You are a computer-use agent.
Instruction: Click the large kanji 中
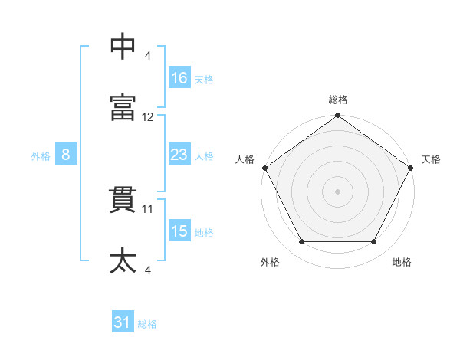(x=123, y=46)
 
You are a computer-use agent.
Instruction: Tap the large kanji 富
(x=123, y=107)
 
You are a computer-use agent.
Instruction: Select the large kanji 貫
(x=123, y=200)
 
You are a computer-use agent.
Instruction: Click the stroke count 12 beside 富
(x=147, y=117)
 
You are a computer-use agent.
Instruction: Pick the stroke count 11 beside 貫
(x=147, y=209)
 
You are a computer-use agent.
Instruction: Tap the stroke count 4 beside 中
(x=147, y=56)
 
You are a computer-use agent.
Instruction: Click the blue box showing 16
(x=179, y=77)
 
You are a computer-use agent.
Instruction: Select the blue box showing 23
(x=179, y=154)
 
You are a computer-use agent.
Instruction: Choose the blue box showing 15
(x=179, y=230)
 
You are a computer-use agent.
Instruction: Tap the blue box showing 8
(x=66, y=154)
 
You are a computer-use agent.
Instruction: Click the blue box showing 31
(x=123, y=321)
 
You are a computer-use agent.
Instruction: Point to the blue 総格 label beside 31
(x=147, y=324)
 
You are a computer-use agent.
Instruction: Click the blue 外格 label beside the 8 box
(x=41, y=156)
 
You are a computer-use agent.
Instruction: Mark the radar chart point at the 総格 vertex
(x=337, y=115)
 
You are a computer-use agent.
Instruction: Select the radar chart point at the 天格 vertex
(x=410, y=168)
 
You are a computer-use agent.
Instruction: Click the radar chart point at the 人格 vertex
(x=265, y=168)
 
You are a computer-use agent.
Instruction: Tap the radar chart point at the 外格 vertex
(x=302, y=241)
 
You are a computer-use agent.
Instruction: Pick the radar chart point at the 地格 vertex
(x=373, y=241)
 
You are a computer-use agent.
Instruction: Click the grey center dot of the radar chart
(x=337, y=191)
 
